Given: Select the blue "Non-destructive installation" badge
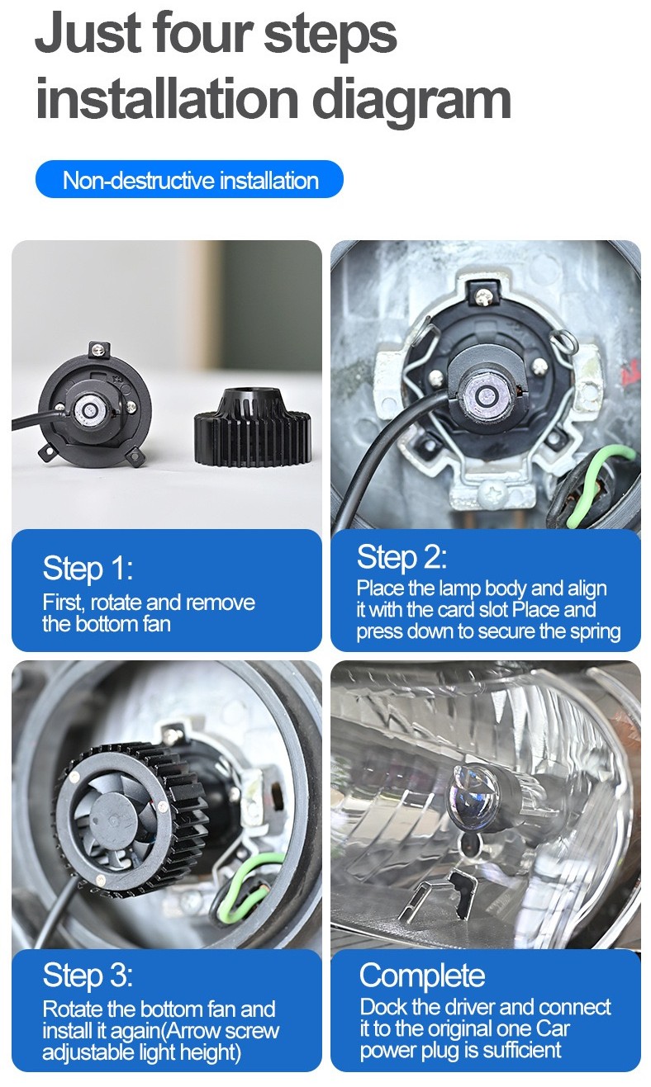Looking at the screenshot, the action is (189, 179).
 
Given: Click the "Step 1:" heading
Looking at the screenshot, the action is (88, 568).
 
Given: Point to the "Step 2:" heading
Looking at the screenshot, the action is (402, 556).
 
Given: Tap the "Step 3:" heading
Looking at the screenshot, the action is (88, 975).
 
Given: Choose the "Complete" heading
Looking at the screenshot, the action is (422, 976).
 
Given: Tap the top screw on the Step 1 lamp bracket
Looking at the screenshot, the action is (98, 348).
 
